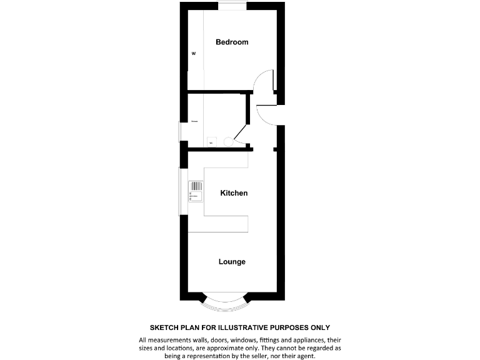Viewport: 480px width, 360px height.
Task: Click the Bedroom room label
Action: [x=232, y=42]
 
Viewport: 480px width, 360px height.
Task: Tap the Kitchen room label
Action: [x=234, y=193]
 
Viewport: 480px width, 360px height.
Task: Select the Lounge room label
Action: [x=232, y=262]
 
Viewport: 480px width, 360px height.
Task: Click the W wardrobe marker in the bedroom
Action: [x=194, y=54]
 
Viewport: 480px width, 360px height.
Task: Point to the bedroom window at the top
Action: [x=232, y=5]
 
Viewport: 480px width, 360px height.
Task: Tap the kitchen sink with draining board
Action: [x=196, y=190]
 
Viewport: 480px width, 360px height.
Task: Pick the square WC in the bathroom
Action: [x=211, y=142]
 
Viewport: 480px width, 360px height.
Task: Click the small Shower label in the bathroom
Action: [x=195, y=121]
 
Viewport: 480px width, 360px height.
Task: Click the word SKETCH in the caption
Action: [x=164, y=327]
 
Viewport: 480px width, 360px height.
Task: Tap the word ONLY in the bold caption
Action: [x=318, y=327]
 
